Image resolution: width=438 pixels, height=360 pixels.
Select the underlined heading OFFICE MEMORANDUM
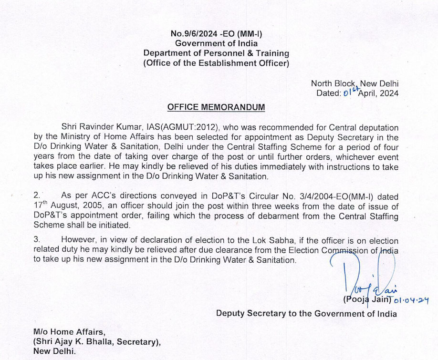coord(216,107)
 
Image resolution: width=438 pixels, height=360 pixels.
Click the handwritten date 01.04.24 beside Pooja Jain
coord(411,300)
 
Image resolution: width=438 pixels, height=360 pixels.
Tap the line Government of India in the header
coord(216,43)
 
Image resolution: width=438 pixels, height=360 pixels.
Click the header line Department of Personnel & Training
coord(216,53)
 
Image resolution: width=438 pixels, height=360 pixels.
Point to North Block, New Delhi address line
coord(355,83)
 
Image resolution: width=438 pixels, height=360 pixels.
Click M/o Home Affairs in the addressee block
coord(69,331)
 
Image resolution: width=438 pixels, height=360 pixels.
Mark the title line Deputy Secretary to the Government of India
coord(306,313)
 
